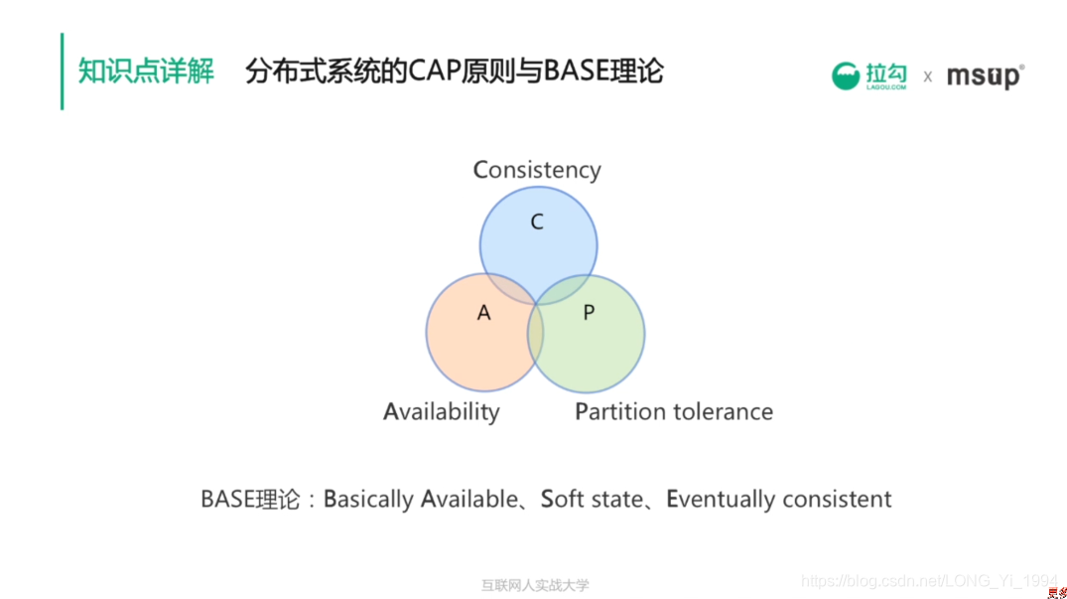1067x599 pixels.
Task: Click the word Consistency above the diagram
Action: [x=537, y=170]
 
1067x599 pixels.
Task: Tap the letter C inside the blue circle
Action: [x=537, y=223]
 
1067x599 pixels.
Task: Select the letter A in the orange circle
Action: [x=484, y=313]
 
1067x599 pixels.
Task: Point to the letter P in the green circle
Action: [x=589, y=313]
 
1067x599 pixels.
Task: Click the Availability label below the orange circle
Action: [x=442, y=411]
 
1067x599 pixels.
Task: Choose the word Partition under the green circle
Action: [x=619, y=411]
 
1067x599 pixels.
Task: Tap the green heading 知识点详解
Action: [x=146, y=72]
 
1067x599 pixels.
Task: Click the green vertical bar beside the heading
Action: [x=62, y=72]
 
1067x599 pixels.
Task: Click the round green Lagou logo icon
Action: [x=846, y=76]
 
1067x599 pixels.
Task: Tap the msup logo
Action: [x=984, y=76]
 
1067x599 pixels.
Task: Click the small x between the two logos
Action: [x=927, y=76]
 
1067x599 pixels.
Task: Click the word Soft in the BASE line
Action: [x=563, y=499]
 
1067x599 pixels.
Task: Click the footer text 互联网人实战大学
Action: [x=535, y=585]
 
